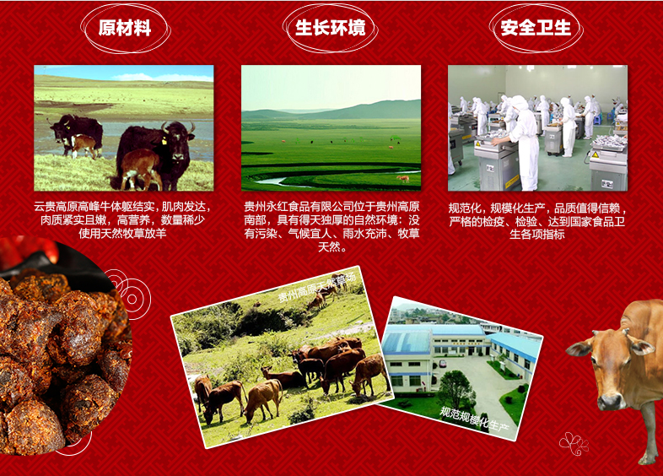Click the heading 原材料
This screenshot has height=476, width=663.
125,29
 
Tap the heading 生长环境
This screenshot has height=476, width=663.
330,29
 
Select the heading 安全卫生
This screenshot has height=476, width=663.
536,29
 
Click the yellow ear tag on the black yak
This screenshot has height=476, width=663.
163,141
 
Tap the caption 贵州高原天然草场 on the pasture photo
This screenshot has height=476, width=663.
316,288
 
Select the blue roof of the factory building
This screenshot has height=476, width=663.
407,341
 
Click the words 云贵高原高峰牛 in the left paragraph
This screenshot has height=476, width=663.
73,207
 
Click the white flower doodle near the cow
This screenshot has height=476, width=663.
574,444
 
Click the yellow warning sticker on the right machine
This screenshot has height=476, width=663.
595,155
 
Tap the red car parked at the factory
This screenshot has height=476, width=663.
442,364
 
